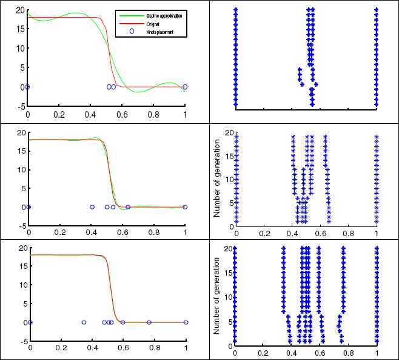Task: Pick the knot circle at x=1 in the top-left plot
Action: [185, 87]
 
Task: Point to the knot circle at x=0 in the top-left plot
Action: [27, 87]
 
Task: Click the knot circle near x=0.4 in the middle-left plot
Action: [92, 207]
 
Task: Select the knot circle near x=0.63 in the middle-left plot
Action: [129, 207]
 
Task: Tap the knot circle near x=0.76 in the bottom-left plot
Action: [149, 322]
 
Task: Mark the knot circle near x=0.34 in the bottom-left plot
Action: [84, 322]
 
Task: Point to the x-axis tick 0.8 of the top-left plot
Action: [153, 114]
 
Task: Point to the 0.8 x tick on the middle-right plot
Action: [349, 233]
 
